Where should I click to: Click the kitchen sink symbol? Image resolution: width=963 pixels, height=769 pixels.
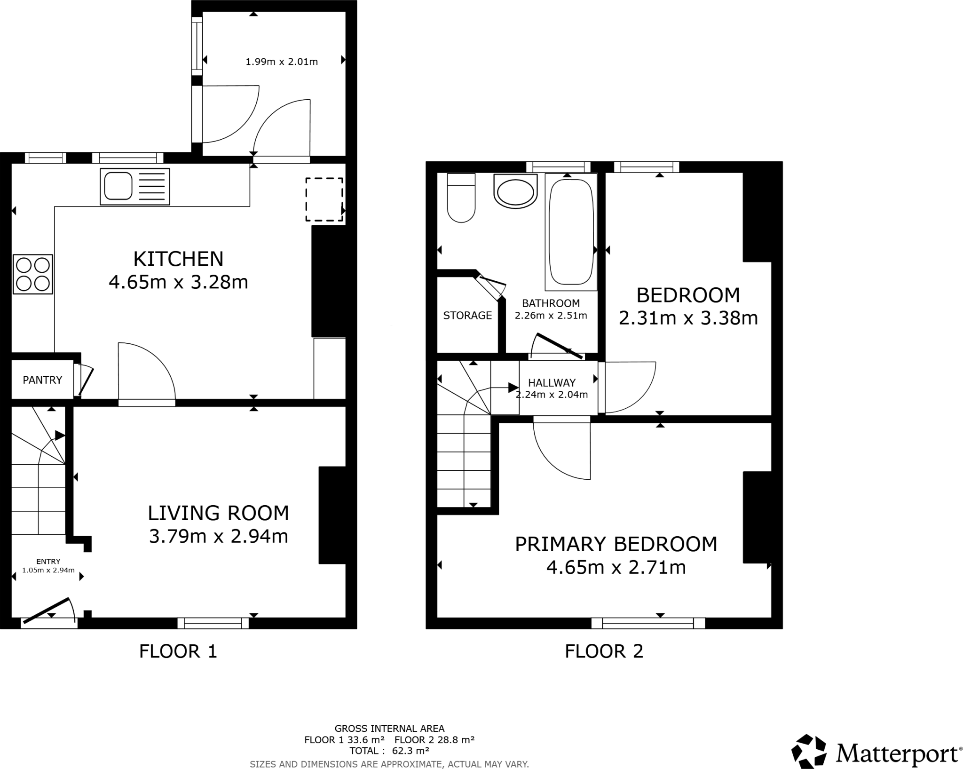click(x=134, y=187)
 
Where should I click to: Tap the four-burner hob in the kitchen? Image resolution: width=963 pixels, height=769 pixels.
click(x=32, y=274)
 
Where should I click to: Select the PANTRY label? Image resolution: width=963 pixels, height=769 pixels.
click(x=42, y=380)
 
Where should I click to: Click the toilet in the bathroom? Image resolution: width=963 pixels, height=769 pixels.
click(x=461, y=198)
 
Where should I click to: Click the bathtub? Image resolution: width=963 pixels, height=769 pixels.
click(x=571, y=232)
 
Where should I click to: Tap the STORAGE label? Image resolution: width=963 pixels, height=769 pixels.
click(x=467, y=315)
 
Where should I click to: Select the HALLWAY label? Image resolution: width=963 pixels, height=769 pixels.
click(x=552, y=382)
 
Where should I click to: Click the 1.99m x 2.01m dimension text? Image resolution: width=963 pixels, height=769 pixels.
click(x=282, y=62)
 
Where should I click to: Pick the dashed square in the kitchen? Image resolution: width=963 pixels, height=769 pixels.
click(x=324, y=199)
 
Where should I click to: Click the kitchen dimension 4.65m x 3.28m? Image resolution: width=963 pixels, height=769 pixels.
click(x=178, y=282)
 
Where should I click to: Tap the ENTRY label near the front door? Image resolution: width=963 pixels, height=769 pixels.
click(x=48, y=561)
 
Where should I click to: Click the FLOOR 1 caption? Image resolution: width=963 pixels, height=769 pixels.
click(x=178, y=651)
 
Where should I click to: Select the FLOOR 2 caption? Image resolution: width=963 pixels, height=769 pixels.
click(x=604, y=651)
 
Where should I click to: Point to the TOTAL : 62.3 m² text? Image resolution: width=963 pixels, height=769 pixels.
click(x=389, y=750)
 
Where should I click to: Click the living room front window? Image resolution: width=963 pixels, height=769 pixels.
click(x=213, y=623)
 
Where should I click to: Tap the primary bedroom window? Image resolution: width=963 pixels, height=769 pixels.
click(x=648, y=623)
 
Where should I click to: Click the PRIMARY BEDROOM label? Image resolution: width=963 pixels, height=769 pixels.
click(x=616, y=544)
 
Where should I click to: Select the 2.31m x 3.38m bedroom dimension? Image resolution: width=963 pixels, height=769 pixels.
click(x=688, y=318)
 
